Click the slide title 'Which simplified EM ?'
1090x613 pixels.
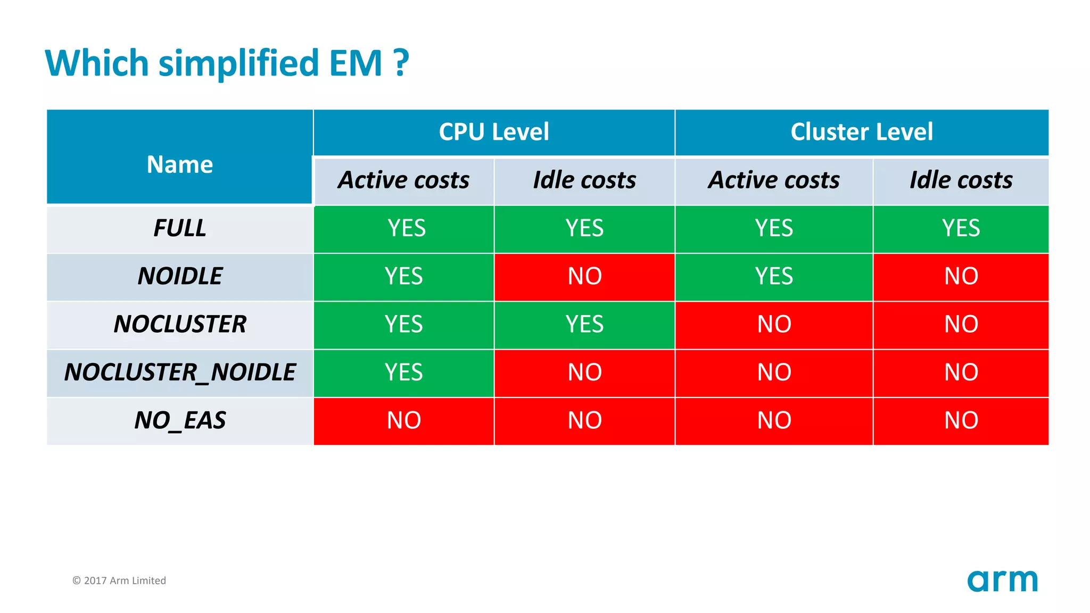(227, 63)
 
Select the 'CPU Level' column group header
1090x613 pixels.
(494, 132)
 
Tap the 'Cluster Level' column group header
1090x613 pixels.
(861, 132)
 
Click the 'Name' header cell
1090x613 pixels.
(179, 164)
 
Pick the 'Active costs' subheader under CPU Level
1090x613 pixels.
(403, 180)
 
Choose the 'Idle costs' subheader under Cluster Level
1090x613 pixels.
(961, 180)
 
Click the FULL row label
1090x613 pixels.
(179, 228)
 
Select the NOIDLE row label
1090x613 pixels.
(179, 276)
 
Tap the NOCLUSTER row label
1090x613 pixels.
(179, 324)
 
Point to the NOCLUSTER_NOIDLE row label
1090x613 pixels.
(179, 372)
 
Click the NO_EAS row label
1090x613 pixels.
(179, 420)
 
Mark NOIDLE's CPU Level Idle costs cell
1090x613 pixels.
(584, 276)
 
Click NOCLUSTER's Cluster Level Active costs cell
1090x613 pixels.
(774, 324)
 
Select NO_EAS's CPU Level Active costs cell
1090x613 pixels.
(403, 420)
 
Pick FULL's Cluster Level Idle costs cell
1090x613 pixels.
(961, 228)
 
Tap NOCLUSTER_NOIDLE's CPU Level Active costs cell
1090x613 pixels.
(403, 372)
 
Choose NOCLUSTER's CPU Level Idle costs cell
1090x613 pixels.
(584, 324)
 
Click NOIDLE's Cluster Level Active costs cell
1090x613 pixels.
(774, 276)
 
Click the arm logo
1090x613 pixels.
(1002, 581)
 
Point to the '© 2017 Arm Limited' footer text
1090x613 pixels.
(119, 581)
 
